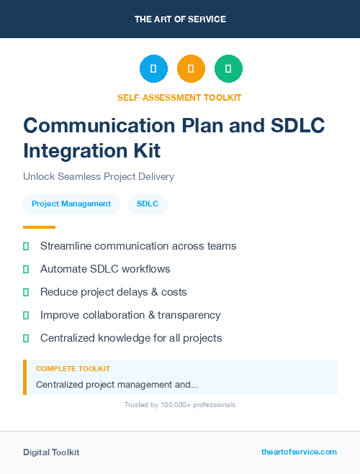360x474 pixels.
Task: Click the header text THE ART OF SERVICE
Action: pyautogui.click(x=180, y=19)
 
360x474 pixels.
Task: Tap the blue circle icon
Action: pyautogui.click(x=153, y=69)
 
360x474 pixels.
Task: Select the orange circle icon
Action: pyautogui.click(x=191, y=69)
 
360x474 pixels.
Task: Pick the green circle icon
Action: pyautogui.click(x=228, y=69)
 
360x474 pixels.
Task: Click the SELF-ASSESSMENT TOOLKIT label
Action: pyautogui.click(x=179, y=97)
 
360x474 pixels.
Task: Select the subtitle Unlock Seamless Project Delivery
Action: pyautogui.click(x=99, y=176)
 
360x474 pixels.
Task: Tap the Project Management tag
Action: pyautogui.click(x=71, y=204)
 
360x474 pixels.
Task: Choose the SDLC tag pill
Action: pyautogui.click(x=148, y=204)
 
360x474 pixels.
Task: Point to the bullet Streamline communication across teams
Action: pyautogui.click(x=138, y=246)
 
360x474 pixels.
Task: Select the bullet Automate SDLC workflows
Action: pyautogui.click(x=105, y=269)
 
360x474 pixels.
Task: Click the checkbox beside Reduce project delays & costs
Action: pyautogui.click(x=26, y=292)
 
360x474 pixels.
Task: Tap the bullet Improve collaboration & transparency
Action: pyautogui.click(x=130, y=315)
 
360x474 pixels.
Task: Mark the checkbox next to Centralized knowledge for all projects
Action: pyautogui.click(x=26, y=338)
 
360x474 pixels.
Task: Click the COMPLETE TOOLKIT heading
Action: pyautogui.click(x=73, y=369)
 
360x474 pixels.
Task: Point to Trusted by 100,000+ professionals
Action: pyautogui.click(x=179, y=405)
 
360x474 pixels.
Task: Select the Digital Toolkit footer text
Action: pyautogui.click(x=51, y=452)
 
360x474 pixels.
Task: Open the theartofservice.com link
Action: pyautogui.click(x=299, y=452)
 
